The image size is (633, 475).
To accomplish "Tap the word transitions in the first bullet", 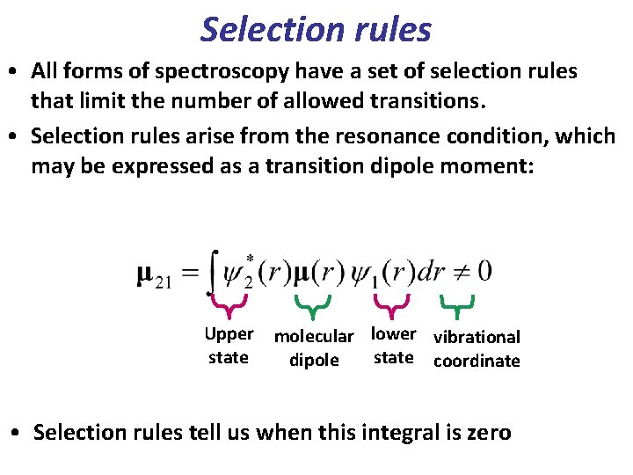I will [x=411, y=101].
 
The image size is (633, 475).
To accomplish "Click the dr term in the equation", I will [x=430, y=272].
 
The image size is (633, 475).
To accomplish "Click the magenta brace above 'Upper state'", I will [x=229, y=306].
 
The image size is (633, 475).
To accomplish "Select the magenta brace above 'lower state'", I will [x=391, y=306].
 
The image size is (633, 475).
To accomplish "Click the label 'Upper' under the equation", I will [x=229, y=334].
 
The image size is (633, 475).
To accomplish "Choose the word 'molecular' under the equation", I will [x=314, y=336].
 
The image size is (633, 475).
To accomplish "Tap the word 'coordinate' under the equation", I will [x=477, y=361].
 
